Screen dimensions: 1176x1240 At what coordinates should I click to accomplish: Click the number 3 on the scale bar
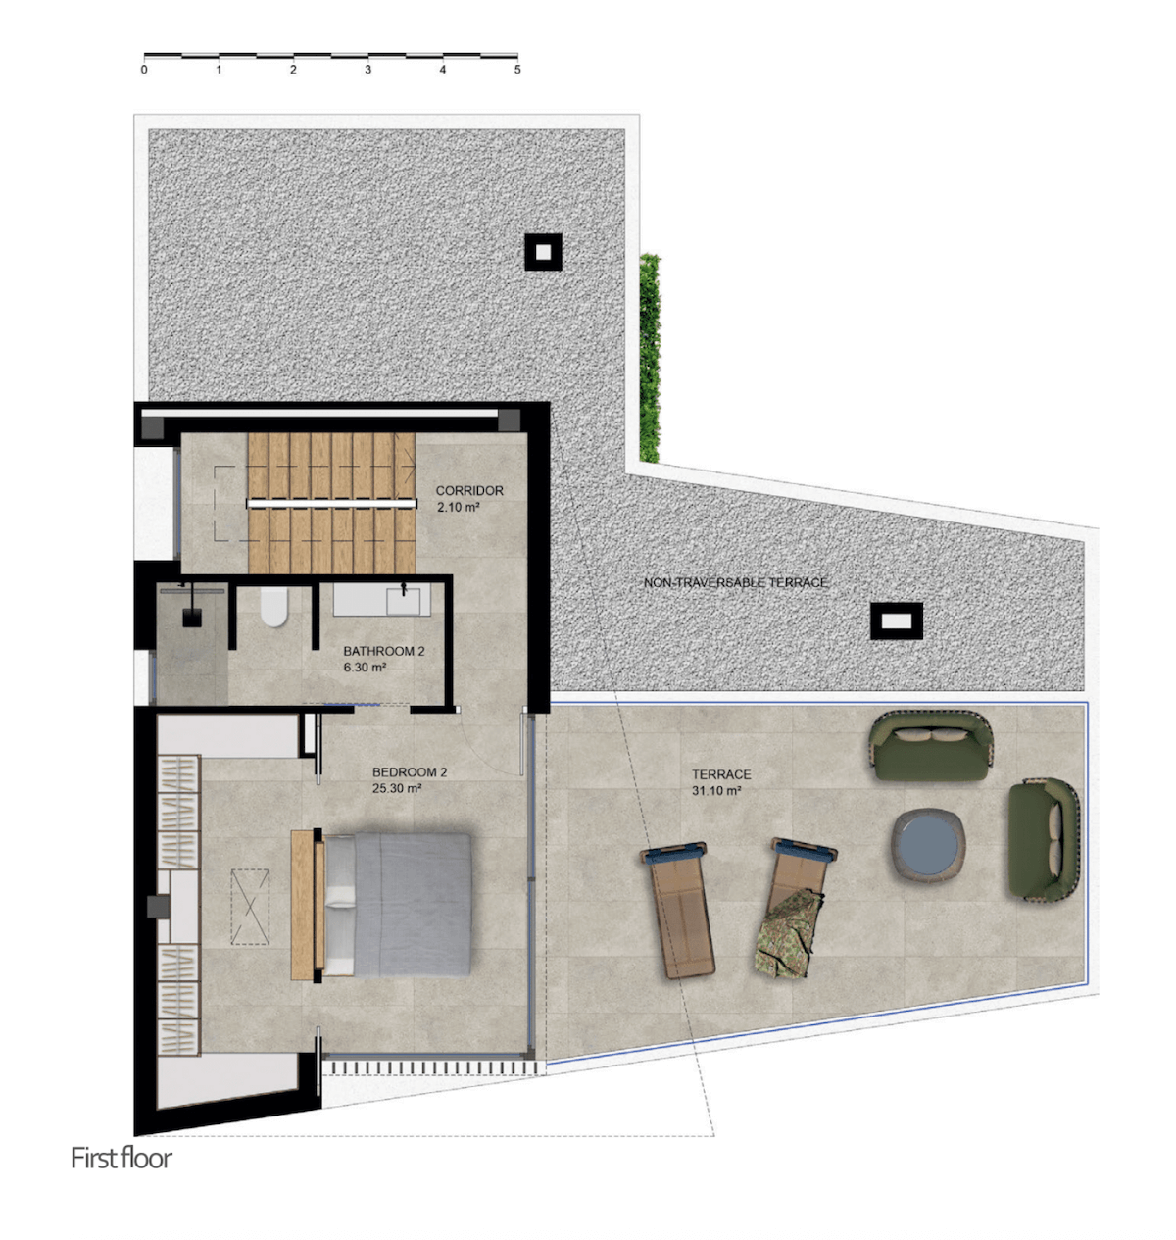point(367,70)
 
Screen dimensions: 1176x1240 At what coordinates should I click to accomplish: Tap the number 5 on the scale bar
point(517,70)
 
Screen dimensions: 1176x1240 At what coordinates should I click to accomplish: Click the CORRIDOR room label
point(469,491)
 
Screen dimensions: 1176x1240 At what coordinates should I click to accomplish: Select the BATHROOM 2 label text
point(383,651)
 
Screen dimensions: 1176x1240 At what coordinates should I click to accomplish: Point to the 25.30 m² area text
point(397,788)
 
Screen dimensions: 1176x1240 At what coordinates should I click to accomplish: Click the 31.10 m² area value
point(715,790)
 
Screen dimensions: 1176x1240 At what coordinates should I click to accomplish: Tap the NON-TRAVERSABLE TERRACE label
point(735,583)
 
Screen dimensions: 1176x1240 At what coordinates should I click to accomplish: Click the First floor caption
point(122,1158)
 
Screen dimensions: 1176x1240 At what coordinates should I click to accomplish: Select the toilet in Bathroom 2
point(274,607)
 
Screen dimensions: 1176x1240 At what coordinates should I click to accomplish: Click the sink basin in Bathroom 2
point(403,601)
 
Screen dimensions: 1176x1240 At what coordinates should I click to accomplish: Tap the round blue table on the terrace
point(928,845)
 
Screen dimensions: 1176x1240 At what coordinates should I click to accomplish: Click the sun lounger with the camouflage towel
point(794,909)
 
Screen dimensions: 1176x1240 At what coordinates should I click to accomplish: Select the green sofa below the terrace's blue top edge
point(931,746)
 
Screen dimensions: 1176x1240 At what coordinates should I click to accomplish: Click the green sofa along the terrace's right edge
point(1044,839)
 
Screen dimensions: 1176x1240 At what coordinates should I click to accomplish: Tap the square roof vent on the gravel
point(543,252)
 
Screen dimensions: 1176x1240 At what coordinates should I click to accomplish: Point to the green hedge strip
point(650,358)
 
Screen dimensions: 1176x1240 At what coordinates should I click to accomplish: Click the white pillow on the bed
point(340,896)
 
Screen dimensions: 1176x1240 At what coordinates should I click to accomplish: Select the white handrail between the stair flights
point(331,503)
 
